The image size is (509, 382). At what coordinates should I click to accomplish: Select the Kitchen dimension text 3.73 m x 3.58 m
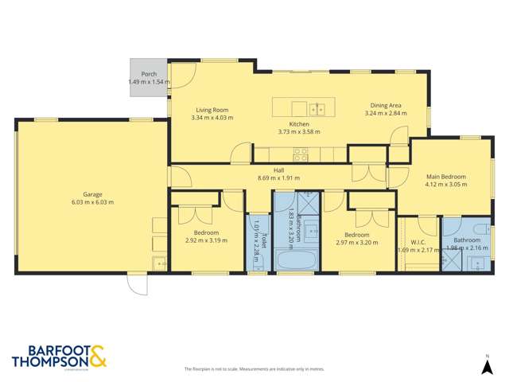click(x=299, y=132)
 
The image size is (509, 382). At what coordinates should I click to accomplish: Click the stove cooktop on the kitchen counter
click(x=301, y=153)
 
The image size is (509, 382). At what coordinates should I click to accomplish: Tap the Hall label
click(x=278, y=170)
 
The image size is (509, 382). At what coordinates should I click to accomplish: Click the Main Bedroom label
click(x=445, y=177)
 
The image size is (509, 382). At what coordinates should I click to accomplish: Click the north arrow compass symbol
click(x=487, y=364)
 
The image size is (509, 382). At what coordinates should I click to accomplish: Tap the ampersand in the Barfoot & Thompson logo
click(x=98, y=356)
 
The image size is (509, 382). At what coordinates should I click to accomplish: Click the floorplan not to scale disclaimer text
click(x=254, y=369)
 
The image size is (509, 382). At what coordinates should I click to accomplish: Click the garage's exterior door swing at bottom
click(x=136, y=284)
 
